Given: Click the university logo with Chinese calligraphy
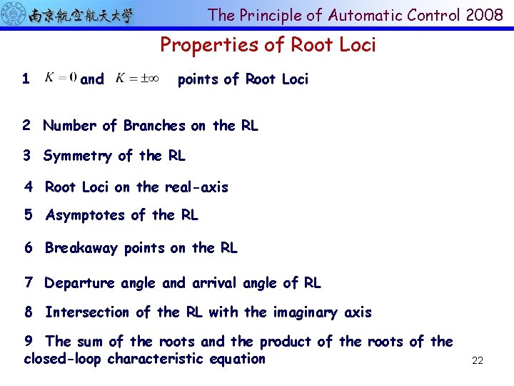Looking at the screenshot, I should coord(69,14).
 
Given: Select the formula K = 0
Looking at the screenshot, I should coord(61,77).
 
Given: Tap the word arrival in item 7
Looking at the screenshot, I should coord(214,283).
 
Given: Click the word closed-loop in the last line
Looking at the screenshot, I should coord(63,359).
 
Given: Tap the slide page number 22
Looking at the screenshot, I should coord(478,361).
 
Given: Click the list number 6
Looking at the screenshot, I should coord(29,248).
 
